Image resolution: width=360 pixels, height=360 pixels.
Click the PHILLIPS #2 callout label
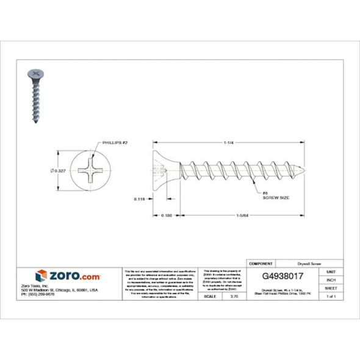pos(115,142)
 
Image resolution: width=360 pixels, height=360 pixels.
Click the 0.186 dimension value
pos(165,215)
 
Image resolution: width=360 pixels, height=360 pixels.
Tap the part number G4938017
pos(275,275)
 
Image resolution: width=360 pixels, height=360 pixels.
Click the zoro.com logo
pos(68,276)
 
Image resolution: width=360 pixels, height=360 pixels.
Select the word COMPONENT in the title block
pos(261,263)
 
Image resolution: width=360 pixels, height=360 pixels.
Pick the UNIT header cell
pos(331,271)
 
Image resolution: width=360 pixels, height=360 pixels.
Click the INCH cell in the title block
pos(331,279)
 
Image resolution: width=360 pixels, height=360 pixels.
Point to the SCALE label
pos(209,296)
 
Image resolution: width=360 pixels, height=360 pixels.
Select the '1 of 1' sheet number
pos(331,296)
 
